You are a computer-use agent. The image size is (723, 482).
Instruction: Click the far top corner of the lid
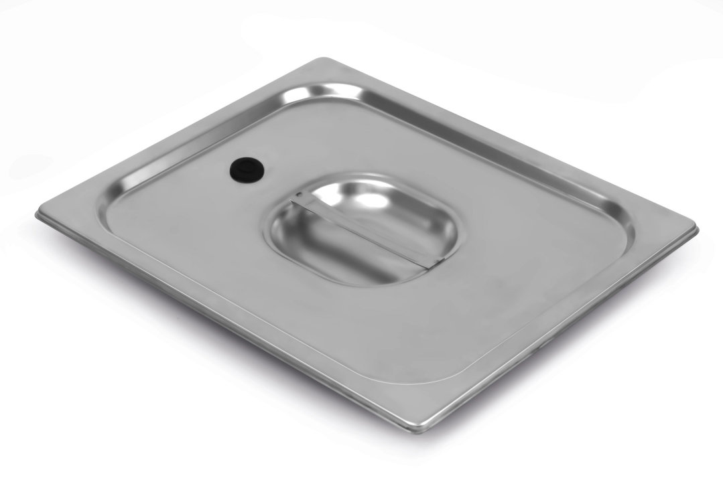coord(320,61)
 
